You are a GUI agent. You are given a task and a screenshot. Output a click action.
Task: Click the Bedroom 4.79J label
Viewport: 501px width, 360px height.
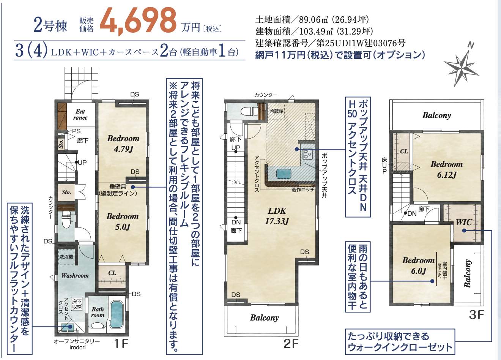(123, 144)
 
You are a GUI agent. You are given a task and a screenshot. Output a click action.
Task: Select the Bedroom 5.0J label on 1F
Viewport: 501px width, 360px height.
(122, 221)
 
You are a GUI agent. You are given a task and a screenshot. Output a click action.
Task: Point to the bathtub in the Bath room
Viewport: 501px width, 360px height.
(117, 315)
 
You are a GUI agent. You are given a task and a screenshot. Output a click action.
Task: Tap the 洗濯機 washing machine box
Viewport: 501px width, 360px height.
(66, 257)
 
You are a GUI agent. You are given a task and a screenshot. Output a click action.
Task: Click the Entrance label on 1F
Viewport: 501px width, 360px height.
(80, 115)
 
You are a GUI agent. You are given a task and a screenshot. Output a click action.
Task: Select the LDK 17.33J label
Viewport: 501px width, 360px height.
(277, 216)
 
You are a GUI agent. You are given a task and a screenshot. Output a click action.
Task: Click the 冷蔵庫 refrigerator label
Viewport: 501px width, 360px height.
(276, 111)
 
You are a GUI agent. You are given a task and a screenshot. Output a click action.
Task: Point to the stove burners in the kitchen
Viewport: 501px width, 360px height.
(307, 154)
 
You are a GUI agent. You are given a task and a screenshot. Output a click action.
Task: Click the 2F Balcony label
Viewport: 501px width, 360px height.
(264, 317)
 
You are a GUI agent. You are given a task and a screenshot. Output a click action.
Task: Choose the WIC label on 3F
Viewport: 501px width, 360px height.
(463, 222)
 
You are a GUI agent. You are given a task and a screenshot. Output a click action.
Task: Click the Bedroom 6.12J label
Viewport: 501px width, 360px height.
(446, 169)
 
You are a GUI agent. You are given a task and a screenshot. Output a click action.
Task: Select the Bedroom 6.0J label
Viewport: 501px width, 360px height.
(418, 265)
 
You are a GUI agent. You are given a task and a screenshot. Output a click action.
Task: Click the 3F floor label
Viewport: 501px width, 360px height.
(477, 315)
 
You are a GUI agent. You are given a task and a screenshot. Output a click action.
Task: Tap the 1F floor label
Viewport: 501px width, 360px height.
(121, 344)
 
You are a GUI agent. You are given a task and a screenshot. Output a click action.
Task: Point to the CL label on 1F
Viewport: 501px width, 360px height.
(112, 273)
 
